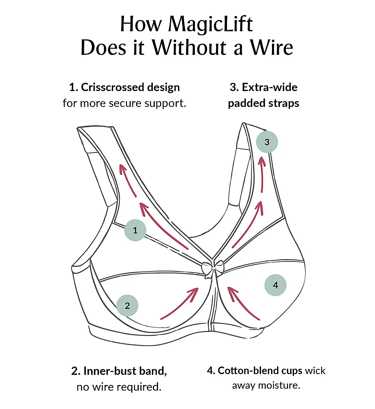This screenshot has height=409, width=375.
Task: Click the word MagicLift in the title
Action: (211, 25)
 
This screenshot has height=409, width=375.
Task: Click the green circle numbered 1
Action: (135, 230)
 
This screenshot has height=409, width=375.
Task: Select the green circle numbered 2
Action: (127, 306)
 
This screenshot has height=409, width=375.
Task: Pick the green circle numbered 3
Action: (267, 142)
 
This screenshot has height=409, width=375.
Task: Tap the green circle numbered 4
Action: (275, 285)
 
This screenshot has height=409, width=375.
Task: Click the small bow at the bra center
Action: (213, 268)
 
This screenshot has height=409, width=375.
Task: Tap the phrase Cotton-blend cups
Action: (260, 371)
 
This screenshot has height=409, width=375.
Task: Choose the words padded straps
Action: (264, 103)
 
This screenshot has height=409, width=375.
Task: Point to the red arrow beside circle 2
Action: (180, 303)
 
